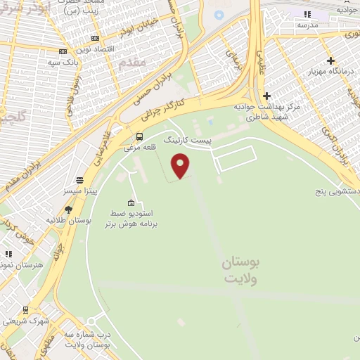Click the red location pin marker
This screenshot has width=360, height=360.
point(181,165)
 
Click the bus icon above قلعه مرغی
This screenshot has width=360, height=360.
point(139,136)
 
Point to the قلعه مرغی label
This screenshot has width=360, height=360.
point(137,148)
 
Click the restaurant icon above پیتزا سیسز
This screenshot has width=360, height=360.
point(79,180)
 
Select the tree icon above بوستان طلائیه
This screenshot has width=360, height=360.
point(68,209)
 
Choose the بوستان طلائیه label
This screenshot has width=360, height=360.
point(65,220)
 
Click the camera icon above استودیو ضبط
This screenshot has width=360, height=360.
point(131,202)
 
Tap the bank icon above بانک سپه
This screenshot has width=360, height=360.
point(63,51)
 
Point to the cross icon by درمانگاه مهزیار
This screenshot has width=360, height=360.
point(330,60)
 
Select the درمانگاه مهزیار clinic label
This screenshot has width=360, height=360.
point(333,72)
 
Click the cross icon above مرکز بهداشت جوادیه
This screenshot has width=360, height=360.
point(266,96)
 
